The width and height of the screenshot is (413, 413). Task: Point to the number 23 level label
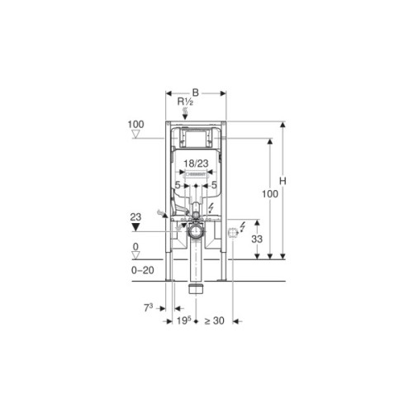(x=136, y=216)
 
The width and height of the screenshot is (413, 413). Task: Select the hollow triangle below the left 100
(x=136, y=136)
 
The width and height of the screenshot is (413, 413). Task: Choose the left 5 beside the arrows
(x=177, y=185)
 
